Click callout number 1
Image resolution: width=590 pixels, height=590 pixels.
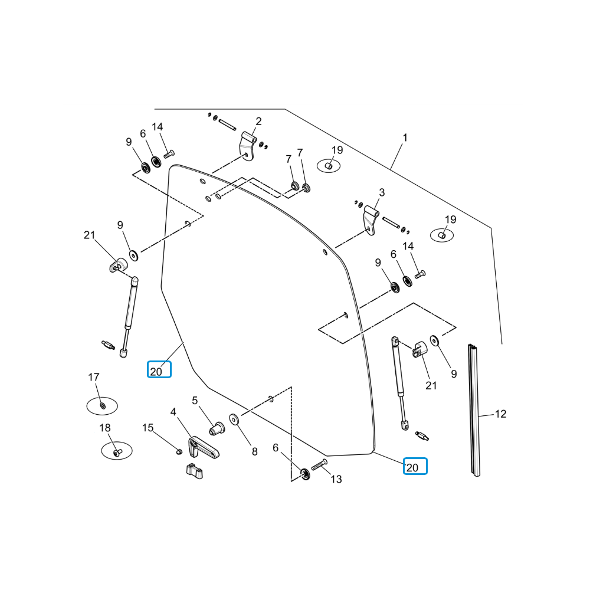[x=405, y=138]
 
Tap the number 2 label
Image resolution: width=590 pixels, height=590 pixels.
[x=258, y=122]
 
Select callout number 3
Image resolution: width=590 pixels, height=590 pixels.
[x=382, y=193]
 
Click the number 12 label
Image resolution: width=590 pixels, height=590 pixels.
[x=500, y=414]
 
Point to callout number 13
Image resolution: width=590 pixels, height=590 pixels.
[x=336, y=479]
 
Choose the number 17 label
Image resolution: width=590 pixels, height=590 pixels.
[x=94, y=377]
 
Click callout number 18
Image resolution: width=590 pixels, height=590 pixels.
[x=105, y=428]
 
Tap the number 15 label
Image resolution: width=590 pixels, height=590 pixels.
[x=148, y=428]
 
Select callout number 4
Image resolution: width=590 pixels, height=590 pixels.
[x=173, y=412]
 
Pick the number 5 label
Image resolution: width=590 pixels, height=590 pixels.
[x=195, y=401]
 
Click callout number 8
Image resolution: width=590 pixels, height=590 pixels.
[x=255, y=451]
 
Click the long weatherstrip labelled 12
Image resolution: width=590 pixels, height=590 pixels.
[x=474, y=410]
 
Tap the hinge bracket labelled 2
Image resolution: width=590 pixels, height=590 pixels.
[x=248, y=146]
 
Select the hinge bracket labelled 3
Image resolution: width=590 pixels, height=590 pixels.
[x=371, y=220]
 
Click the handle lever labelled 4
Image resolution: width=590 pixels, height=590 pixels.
[x=203, y=447]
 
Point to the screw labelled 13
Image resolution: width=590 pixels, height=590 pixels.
[x=319, y=465]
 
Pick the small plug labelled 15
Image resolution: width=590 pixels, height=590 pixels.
[x=179, y=451]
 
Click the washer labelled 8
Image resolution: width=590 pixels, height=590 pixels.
[x=234, y=419]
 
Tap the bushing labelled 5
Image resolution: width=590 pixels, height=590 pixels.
[x=217, y=428]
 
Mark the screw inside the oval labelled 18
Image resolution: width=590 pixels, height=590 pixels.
[x=117, y=451]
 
